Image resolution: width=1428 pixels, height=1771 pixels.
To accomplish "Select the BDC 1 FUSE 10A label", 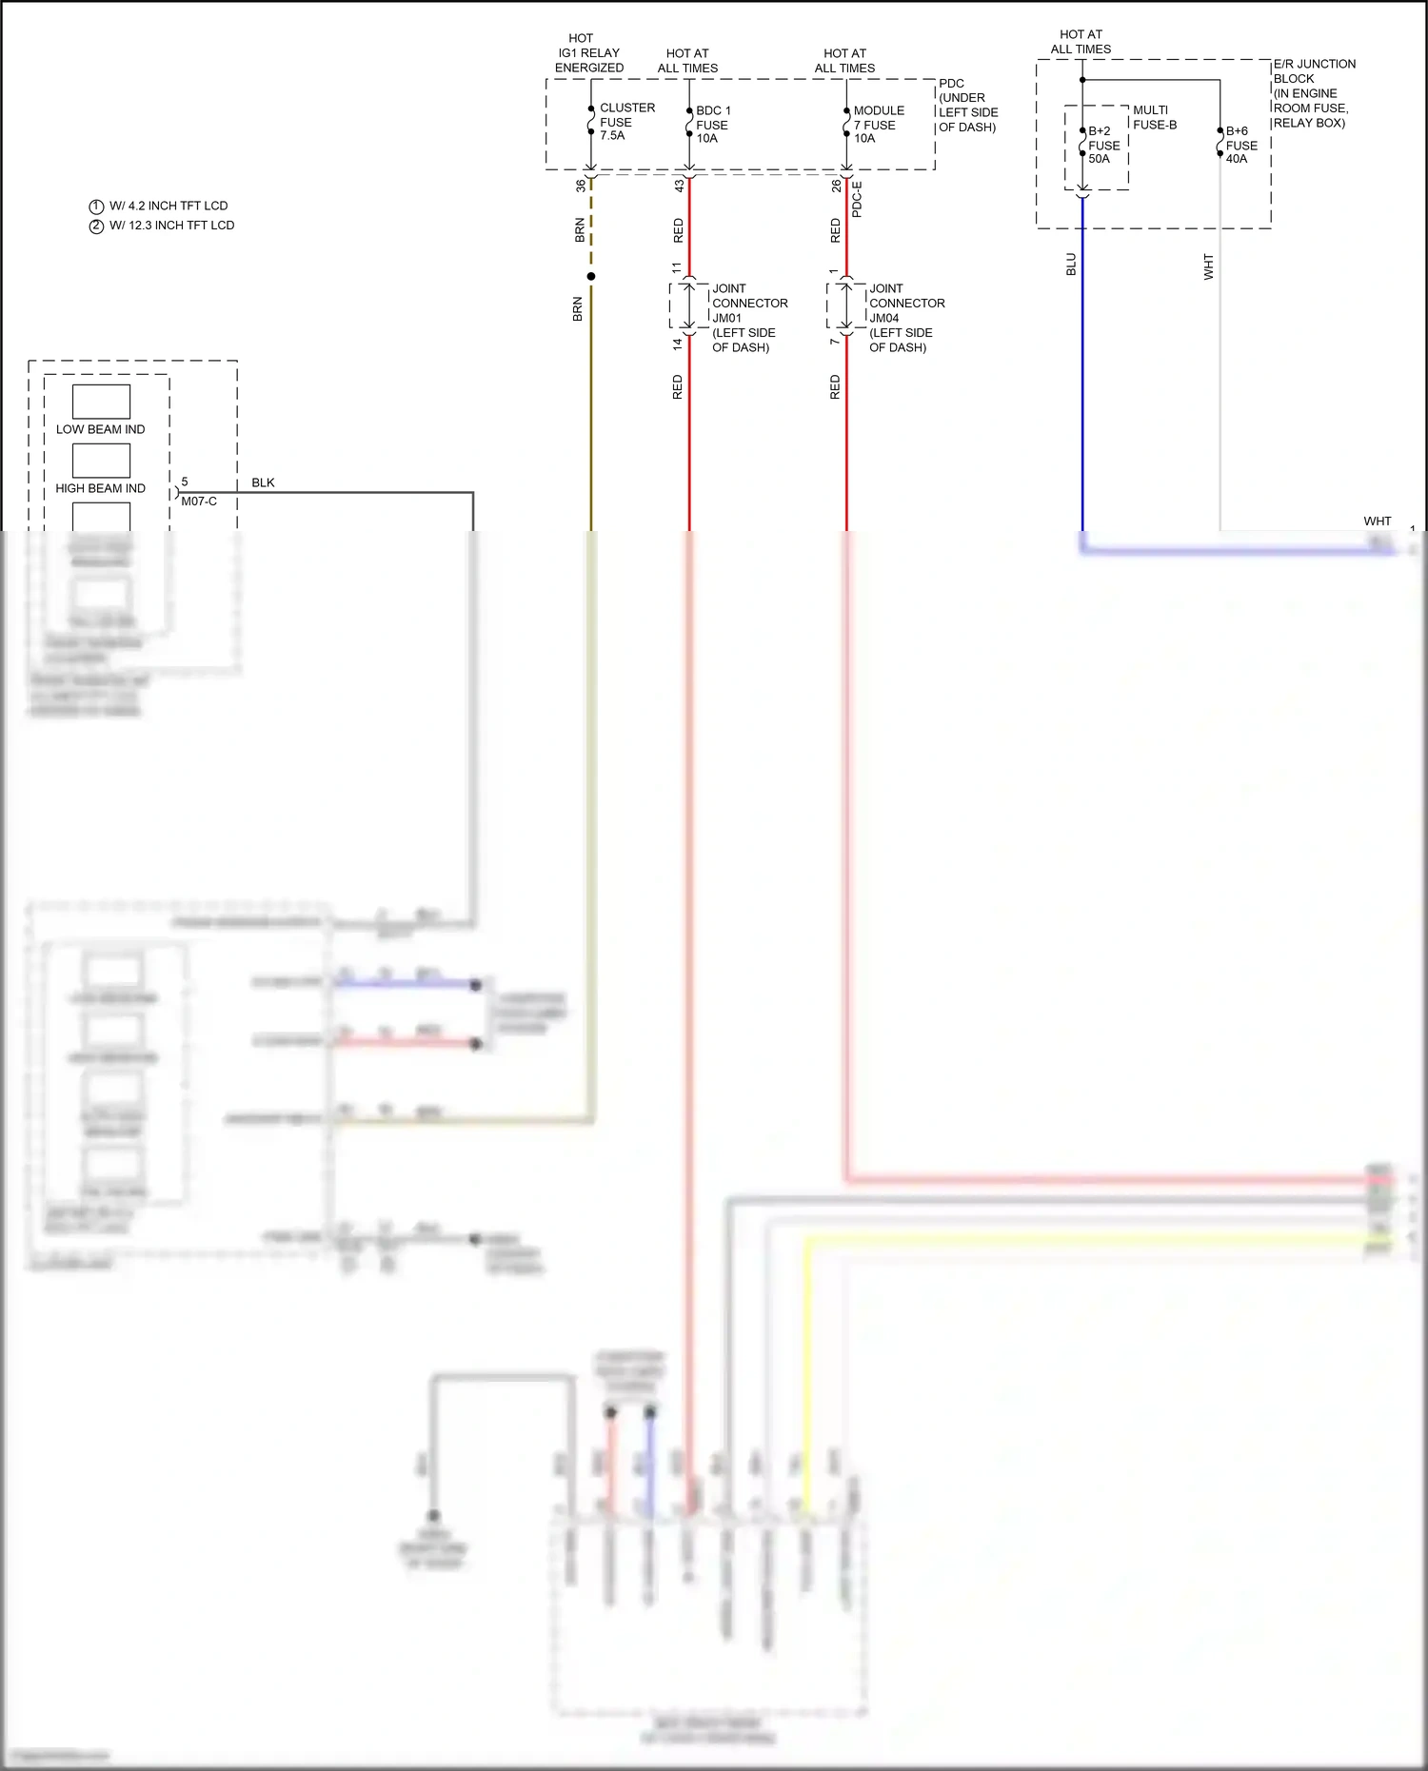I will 712,125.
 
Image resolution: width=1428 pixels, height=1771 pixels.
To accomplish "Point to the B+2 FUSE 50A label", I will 1103,145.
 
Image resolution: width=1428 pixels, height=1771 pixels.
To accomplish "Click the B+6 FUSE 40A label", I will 1240,145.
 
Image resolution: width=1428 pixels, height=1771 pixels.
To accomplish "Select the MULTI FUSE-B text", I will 1154,117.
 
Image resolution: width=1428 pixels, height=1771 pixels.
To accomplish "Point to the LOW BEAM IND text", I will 100,429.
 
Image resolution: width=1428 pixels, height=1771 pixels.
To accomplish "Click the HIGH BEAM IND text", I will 100,488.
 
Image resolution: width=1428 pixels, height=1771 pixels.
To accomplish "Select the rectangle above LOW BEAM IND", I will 101,402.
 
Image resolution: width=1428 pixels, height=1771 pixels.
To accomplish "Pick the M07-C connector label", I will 199,502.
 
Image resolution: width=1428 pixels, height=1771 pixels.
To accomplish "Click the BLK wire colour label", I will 263,482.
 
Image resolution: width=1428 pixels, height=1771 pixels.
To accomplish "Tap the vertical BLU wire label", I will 1071,265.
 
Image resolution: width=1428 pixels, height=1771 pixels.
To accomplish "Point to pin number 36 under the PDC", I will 581,186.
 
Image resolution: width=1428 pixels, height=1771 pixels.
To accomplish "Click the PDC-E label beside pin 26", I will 857,199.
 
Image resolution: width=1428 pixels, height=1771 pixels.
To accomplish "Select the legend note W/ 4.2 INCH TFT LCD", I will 169,206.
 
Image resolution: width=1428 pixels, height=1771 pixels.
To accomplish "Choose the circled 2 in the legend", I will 96,226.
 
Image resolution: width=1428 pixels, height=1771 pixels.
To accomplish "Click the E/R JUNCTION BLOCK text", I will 1313,71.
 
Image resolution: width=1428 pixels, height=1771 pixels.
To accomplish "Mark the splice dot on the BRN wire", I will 591,276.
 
